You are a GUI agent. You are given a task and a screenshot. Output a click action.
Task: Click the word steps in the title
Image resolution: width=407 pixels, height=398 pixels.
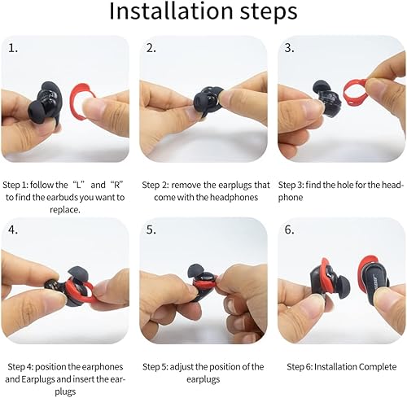pos(264,14)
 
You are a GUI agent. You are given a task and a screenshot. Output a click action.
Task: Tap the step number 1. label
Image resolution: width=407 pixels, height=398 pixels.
pos(13,48)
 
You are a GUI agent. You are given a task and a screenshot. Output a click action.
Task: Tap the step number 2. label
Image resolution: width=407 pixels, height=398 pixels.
pos(151,48)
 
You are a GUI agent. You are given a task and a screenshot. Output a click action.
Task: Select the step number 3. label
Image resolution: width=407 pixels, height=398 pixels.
pos(289,48)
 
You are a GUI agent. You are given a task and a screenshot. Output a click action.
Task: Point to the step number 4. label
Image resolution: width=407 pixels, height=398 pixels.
pos(14,230)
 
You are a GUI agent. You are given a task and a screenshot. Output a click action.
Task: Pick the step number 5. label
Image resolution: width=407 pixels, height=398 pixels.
pos(151,230)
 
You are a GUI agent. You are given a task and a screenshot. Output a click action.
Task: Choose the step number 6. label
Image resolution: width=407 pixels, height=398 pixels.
pos(290,230)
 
